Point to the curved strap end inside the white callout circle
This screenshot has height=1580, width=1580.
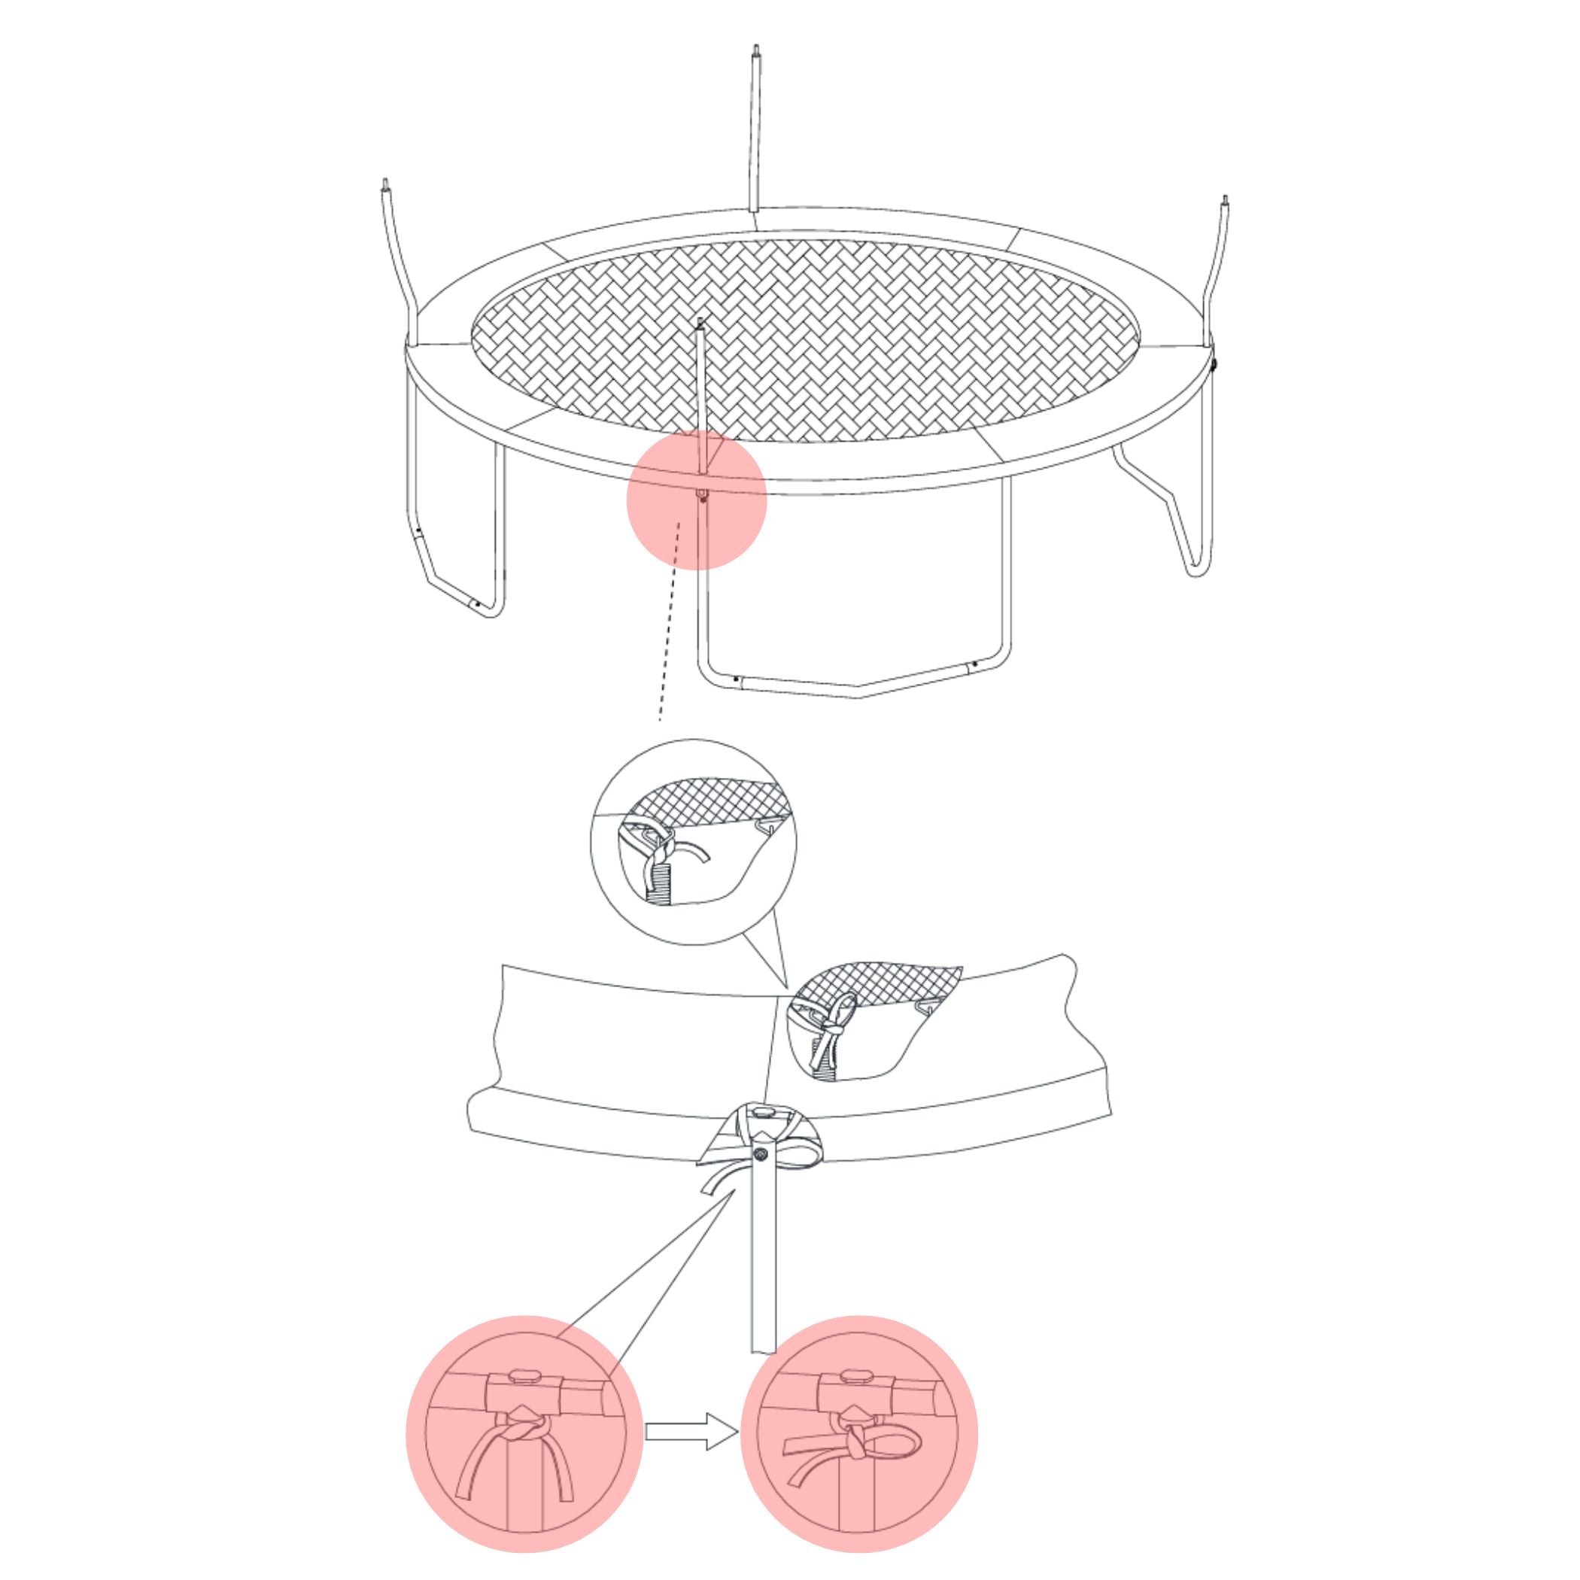coord(697,853)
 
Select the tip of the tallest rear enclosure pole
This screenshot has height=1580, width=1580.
coord(756,50)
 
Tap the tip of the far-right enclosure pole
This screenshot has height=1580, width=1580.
coord(1224,201)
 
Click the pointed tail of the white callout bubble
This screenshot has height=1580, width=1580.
coord(784,986)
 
